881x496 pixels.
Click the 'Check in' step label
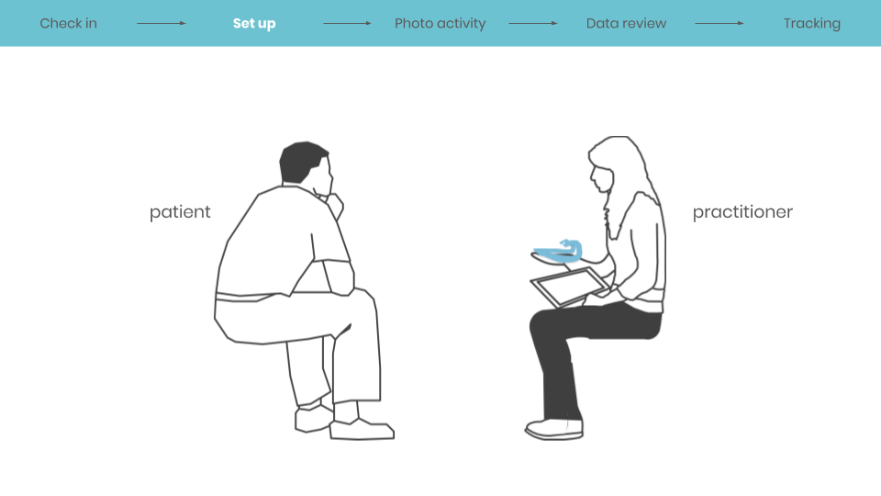click(x=68, y=23)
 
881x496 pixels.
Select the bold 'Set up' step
click(x=254, y=23)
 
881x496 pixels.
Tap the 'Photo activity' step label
click(x=440, y=23)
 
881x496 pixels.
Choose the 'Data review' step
click(x=626, y=23)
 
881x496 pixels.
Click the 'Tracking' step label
click(x=811, y=23)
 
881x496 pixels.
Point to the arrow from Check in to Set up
click(x=162, y=23)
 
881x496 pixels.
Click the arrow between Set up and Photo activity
click(x=347, y=23)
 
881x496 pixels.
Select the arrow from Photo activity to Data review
click(x=532, y=23)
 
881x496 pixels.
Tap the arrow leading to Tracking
click(x=719, y=23)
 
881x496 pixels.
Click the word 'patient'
click(x=180, y=212)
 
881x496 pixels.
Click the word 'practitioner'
click(x=742, y=212)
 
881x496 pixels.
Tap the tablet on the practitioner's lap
click(x=570, y=287)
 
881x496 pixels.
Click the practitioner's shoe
click(x=553, y=428)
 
